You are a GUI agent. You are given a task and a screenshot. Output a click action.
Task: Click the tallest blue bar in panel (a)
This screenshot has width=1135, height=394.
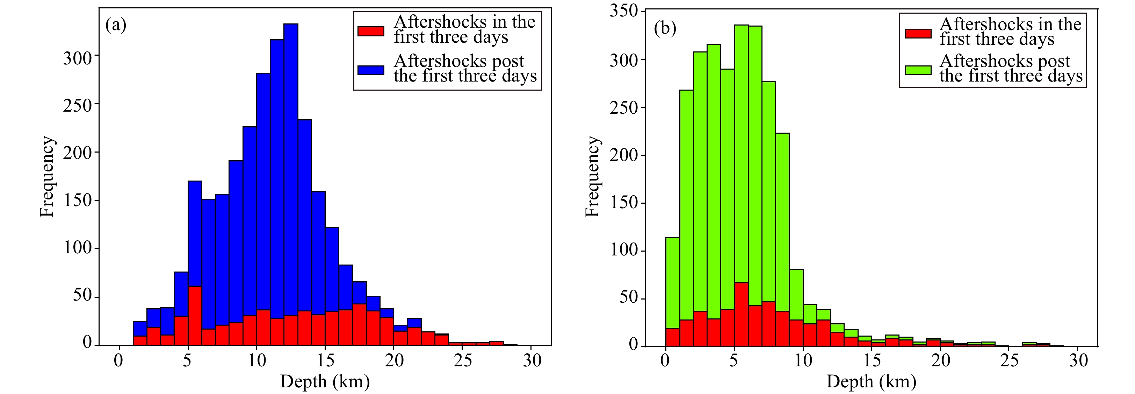(x=291, y=168)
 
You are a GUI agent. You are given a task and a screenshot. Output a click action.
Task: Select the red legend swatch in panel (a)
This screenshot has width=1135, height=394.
(x=370, y=31)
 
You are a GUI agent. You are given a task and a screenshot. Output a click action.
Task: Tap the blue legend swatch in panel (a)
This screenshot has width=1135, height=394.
(x=370, y=70)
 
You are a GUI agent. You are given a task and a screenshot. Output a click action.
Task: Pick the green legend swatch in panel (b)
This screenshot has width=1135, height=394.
(x=918, y=70)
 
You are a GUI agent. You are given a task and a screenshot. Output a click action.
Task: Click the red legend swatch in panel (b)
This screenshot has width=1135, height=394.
(x=918, y=33)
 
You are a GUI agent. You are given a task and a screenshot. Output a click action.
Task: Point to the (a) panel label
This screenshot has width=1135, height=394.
(x=115, y=25)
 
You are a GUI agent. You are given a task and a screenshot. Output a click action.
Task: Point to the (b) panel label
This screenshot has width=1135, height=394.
(x=665, y=28)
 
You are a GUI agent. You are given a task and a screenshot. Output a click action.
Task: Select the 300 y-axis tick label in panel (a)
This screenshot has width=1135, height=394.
(x=78, y=57)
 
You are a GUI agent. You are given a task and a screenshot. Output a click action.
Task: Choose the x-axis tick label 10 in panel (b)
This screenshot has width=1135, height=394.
(x=803, y=361)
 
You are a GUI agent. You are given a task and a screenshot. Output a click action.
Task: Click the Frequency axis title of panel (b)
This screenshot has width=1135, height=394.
(x=593, y=176)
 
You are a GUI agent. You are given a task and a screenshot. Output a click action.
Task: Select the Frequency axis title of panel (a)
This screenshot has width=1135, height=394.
(x=47, y=176)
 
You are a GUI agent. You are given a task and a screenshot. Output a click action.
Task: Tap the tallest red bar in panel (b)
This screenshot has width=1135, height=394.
(x=742, y=314)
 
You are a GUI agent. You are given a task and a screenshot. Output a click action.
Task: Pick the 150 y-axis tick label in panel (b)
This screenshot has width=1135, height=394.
(x=623, y=203)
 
